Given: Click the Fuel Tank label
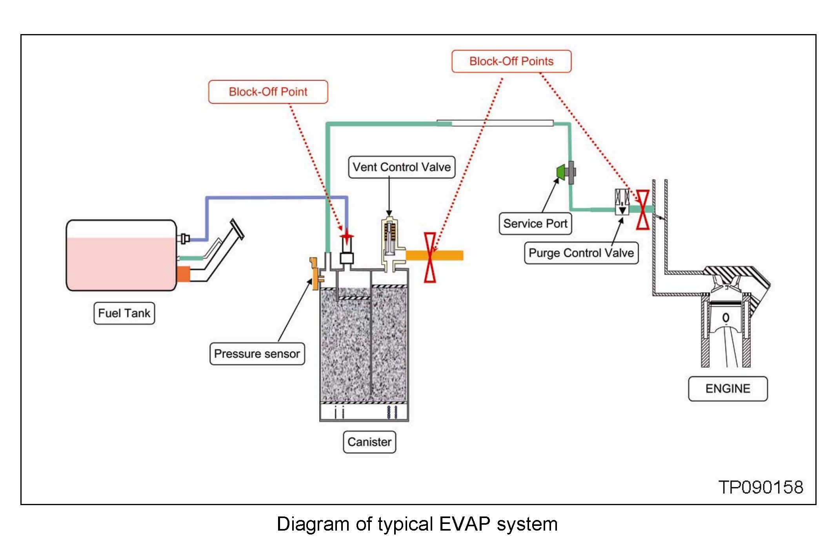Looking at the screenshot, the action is click(x=124, y=313).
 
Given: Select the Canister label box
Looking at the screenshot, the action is click(x=369, y=442).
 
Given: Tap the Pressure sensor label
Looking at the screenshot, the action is click(x=257, y=354).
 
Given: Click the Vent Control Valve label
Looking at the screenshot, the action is click(x=402, y=167).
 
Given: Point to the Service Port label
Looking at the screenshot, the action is click(x=535, y=223).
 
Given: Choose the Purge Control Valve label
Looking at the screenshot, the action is click(x=581, y=253).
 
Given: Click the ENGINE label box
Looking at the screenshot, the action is click(x=728, y=389).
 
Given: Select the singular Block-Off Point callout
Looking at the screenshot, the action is click(x=268, y=92).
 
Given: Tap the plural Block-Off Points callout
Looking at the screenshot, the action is click(x=511, y=61).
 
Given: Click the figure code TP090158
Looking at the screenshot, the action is click(x=761, y=487).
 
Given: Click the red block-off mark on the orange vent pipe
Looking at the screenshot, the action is click(x=430, y=257).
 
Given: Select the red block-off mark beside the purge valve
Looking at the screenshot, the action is click(x=643, y=209).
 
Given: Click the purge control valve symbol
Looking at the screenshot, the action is click(x=622, y=202).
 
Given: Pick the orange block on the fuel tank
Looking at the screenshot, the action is click(x=184, y=274).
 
